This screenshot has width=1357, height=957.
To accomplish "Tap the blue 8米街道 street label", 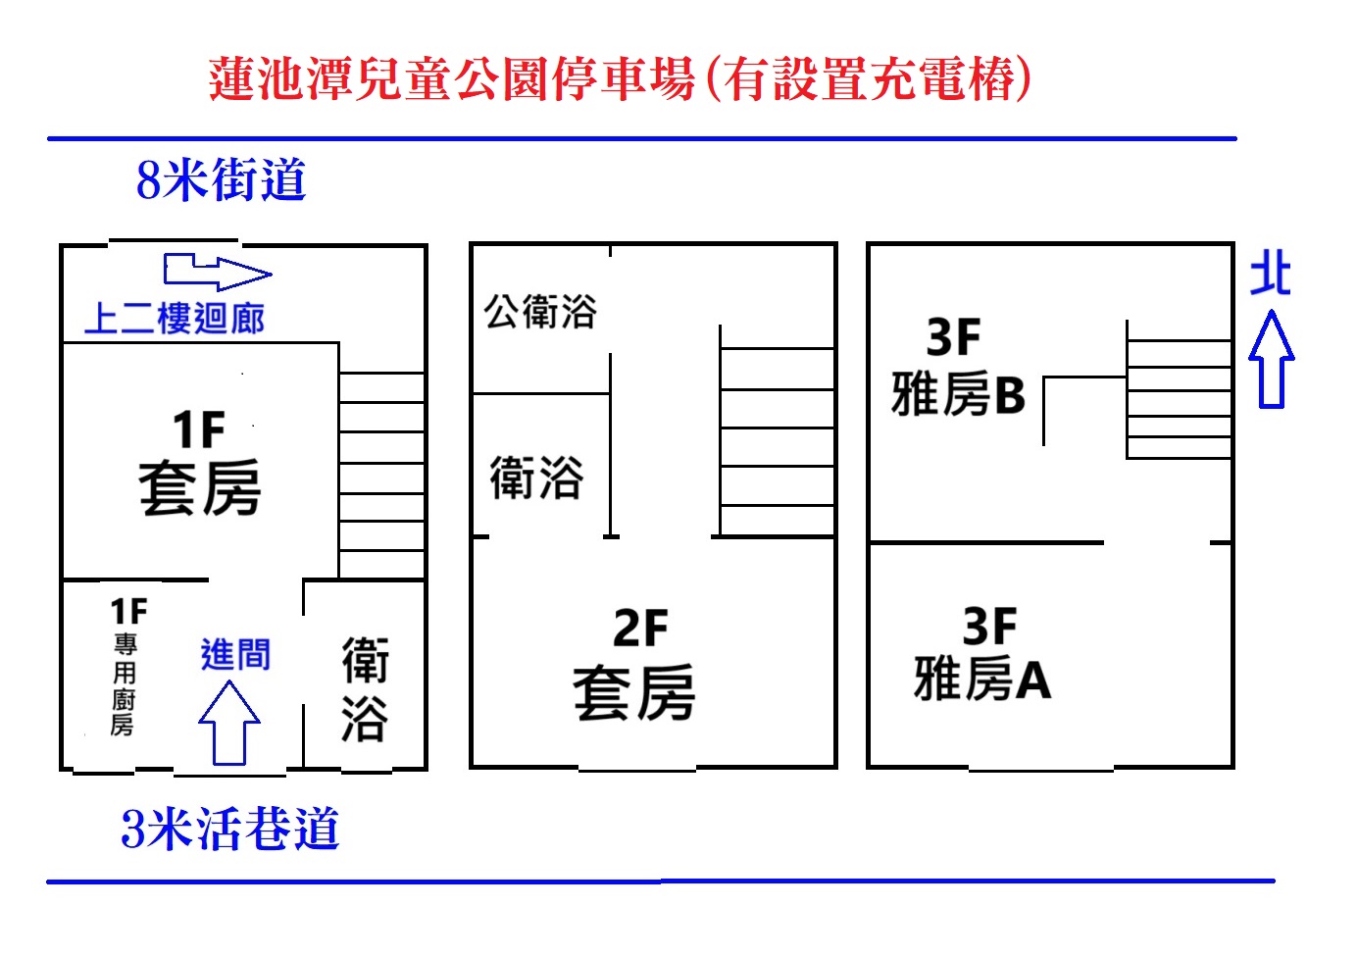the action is [222, 179].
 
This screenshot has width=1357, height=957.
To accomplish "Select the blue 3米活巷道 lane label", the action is [229, 828].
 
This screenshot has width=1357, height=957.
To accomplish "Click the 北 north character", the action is [1271, 275].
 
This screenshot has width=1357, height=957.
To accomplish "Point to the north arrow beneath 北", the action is [1271, 359].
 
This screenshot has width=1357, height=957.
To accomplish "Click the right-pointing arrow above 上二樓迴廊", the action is [218, 272].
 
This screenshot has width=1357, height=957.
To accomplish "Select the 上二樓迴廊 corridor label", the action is [175, 319].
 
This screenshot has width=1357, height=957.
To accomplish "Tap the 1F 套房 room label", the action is [199, 463].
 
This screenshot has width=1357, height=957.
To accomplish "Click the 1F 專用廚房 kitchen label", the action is [126, 666].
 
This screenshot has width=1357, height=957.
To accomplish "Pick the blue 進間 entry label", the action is [235, 654].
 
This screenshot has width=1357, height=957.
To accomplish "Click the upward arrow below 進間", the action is [229, 722].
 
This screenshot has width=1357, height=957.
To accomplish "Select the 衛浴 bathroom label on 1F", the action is [365, 689].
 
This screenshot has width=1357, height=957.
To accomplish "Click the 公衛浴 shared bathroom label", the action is [540, 312].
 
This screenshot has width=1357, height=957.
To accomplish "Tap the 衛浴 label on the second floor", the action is [536, 478].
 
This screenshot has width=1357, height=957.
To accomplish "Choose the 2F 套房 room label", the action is [634, 665].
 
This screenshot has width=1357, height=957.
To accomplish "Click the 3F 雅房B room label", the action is [958, 366].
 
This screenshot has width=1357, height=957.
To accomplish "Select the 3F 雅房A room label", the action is [982, 653].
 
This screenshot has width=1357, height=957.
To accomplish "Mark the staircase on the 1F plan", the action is [381, 475].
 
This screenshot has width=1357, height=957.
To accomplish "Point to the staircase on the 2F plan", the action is [778, 430].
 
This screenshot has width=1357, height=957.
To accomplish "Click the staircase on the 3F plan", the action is [1179, 389].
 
